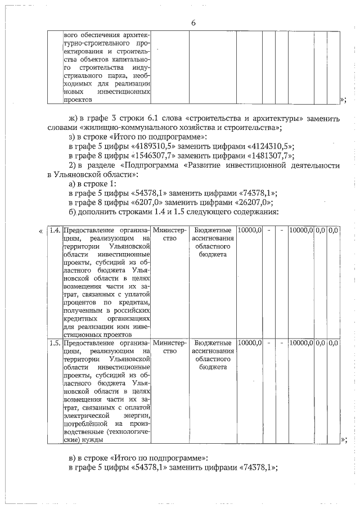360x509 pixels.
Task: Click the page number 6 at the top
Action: tap(193, 23)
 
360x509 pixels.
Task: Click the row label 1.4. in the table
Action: tap(55, 231)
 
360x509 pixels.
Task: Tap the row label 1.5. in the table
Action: tap(55, 342)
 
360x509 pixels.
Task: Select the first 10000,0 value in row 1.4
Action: tap(249, 231)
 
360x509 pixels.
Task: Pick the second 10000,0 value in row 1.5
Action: tap(300, 342)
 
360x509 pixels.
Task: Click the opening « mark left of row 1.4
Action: tap(39, 231)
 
